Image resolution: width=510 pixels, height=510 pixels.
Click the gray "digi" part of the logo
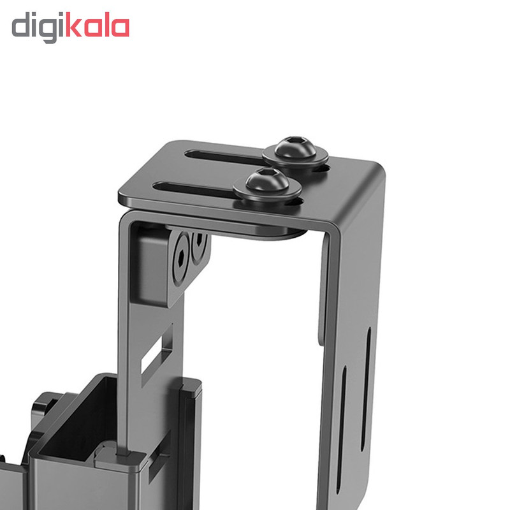[39, 27]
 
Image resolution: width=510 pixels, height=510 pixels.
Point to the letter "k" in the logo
[74, 24]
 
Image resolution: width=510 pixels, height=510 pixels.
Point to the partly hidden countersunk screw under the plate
[199, 247]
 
